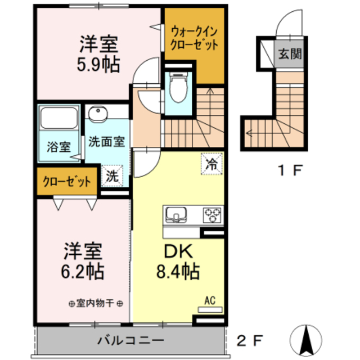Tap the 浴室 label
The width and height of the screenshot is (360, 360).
pyautogui.click(x=58, y=148)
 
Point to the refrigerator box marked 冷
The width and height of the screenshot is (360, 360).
pyautogui.click(x=212, y=165)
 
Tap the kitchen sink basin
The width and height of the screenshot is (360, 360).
pyautogui.click(x=176, y=214)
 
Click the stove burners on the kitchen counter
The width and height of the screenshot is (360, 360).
pyautogui.click(x=213, y=214)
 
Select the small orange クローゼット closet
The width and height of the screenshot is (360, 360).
pyautogui.click(x=67, y=181)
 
